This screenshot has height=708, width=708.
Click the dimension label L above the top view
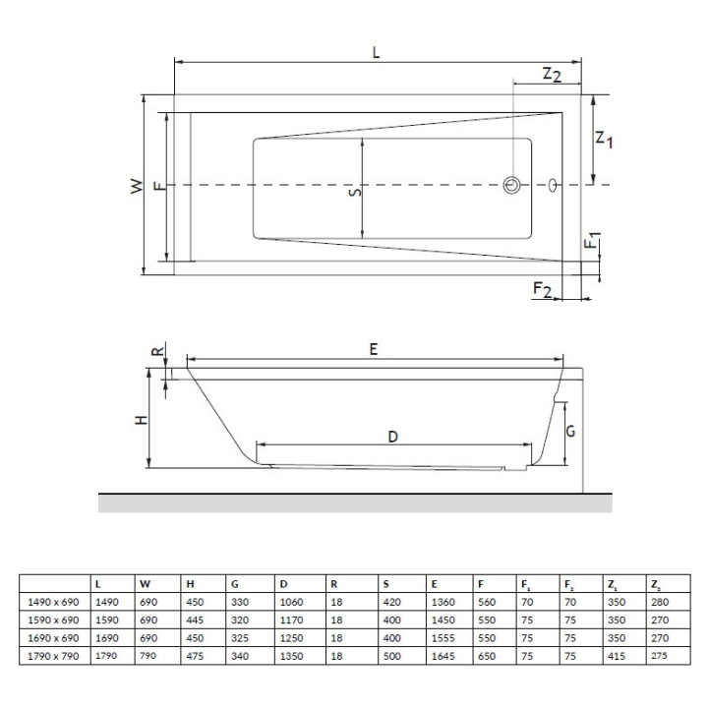pos(377,53)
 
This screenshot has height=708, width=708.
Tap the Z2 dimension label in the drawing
pos(551,76)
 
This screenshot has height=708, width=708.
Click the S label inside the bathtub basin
pos(355,193)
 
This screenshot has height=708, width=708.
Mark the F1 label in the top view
pos(592,241)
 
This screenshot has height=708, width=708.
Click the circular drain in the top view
pos(512,185)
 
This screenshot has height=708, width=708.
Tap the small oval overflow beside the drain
pos(553,184)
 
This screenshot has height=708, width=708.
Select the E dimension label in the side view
pos(374,348)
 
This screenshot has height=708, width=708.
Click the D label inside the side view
pos(391,439)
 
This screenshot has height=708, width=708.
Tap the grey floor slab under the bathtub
pos(354,502)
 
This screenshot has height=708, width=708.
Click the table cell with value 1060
pos(291,602)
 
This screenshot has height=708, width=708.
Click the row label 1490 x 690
pos(52,602)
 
